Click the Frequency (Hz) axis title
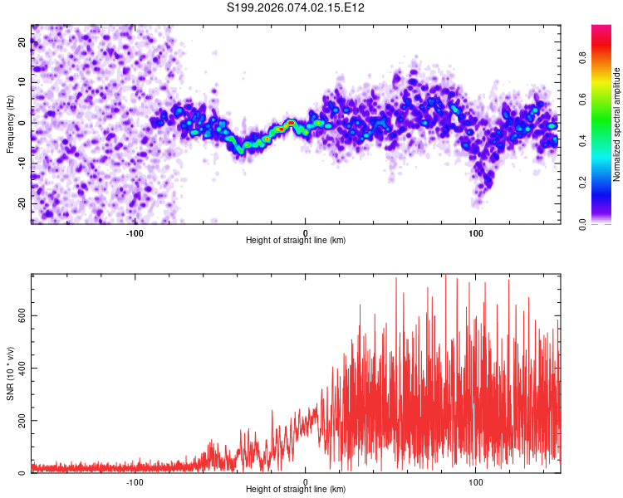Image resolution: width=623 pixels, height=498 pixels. coord(10,124)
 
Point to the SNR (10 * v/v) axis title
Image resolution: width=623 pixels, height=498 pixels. coord(10,374)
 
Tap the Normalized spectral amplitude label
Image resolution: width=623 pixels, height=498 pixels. coord(617,124)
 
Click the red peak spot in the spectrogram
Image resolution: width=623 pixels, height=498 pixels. coord(291,123)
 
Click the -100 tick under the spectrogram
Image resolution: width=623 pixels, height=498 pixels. coord(135,232)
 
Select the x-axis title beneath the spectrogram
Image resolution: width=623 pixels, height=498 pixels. coord(297,241)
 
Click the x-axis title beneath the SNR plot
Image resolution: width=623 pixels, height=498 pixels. coord(297,490)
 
